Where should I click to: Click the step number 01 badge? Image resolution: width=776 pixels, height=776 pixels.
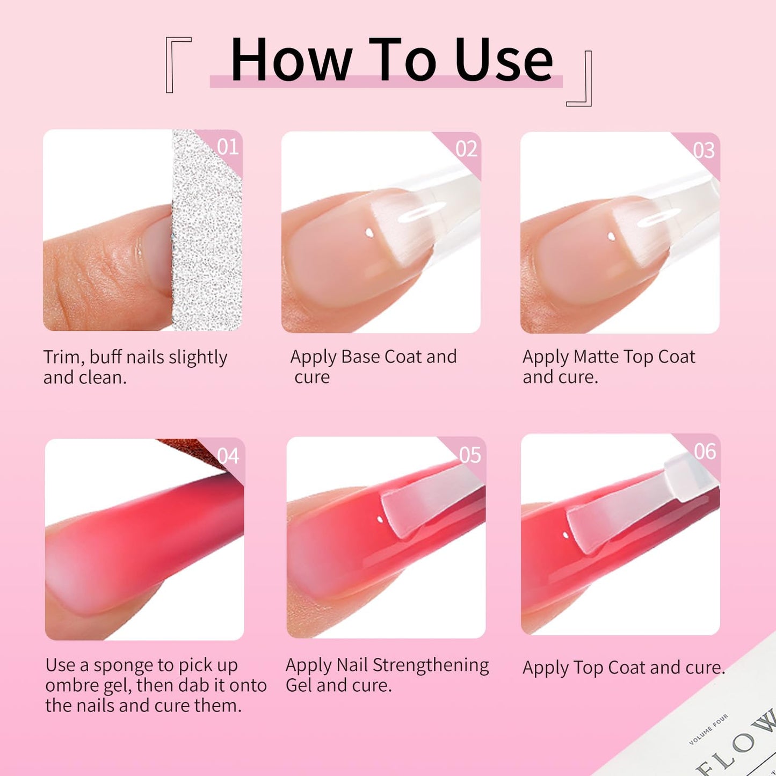coord(228,147)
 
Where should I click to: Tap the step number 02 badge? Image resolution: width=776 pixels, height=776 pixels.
coord(466,149)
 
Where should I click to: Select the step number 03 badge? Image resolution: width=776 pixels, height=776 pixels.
coord(704,150)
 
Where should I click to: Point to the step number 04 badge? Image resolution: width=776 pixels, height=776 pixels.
coord(228,456)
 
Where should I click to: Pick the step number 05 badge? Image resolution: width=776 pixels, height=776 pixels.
coord(470,455)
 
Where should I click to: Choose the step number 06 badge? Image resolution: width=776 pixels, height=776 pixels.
coord(705,452)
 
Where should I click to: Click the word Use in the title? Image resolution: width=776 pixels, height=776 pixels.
coord(503,60)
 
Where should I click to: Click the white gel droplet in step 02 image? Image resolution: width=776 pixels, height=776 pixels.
coord(368,233)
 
